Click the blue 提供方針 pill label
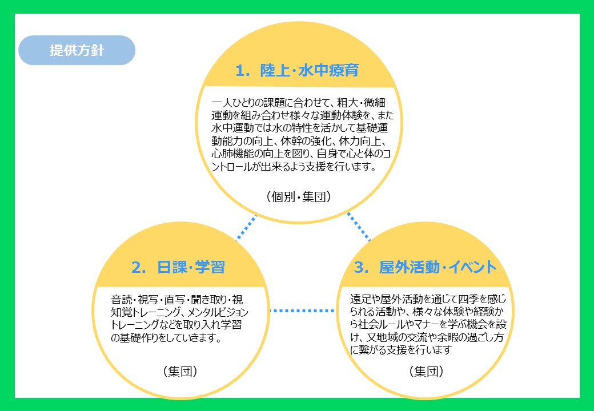77,50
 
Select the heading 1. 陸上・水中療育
297,70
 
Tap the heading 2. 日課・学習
178,267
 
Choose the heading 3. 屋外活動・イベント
425,267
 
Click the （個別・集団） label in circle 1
299,197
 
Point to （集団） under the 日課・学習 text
180,371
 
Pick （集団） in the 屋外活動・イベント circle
426,371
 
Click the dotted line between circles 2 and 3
302,311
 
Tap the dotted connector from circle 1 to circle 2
246,228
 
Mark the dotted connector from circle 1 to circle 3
359,227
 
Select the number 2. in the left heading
139,268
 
